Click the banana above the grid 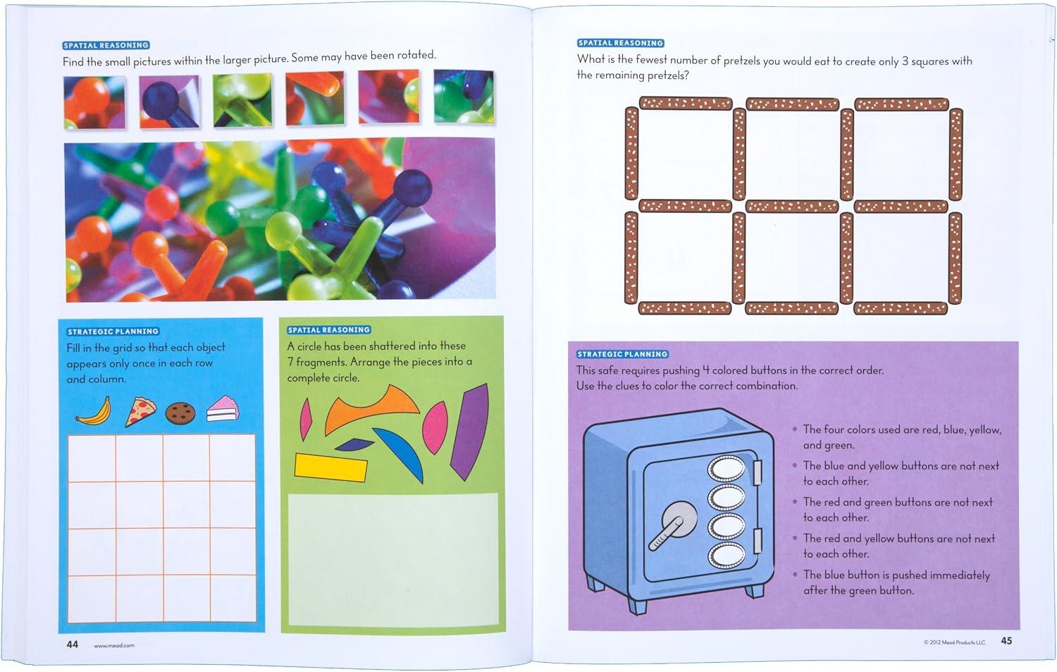coord(95,412)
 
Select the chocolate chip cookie coord(180,413)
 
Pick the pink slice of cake coord(223,409)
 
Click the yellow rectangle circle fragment coord(330,467)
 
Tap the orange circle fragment coord(371,408)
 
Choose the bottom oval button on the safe coord(727,556)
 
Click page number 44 coord(72,644)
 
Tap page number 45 coord(1006,640)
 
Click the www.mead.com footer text coord(114,645)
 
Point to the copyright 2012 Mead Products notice coord(955,642)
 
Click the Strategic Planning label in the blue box coord(113,331)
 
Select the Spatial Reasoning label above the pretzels coord(621,43)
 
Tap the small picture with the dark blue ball coord(169,102)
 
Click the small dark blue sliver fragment coord(354,444)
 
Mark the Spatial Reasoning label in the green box coord(329,329)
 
